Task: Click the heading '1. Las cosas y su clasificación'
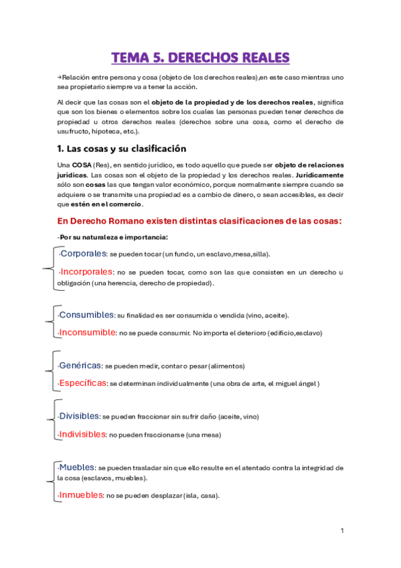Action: pyautogui.click(x=122, y=148)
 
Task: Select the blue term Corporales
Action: pyautogui.click(x=83, y=254)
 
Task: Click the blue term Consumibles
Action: pyautogui.click(x=86, y=315)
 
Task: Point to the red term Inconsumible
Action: pyautogui.click(x=87, y=332)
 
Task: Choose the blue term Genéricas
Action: pyautogui.click(x=80, y=366)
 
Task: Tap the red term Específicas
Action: pyautogui.click(x=82, y=383)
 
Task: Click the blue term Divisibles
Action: pyautogui.click(x=80, y=416)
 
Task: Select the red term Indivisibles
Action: pyautogui.click(x=82, y=434)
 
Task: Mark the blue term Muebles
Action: pyautogui.click(x=77, y=467)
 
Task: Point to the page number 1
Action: pyautogui.click(x=342, y=531)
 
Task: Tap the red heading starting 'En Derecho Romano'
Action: pyautogui.click(x=200, y=222)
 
